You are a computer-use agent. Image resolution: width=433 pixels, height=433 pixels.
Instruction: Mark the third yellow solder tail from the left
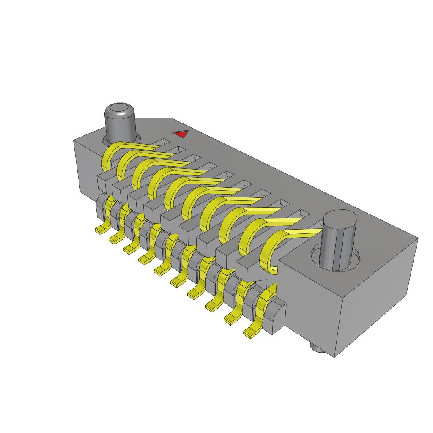(x=130, y=249)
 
